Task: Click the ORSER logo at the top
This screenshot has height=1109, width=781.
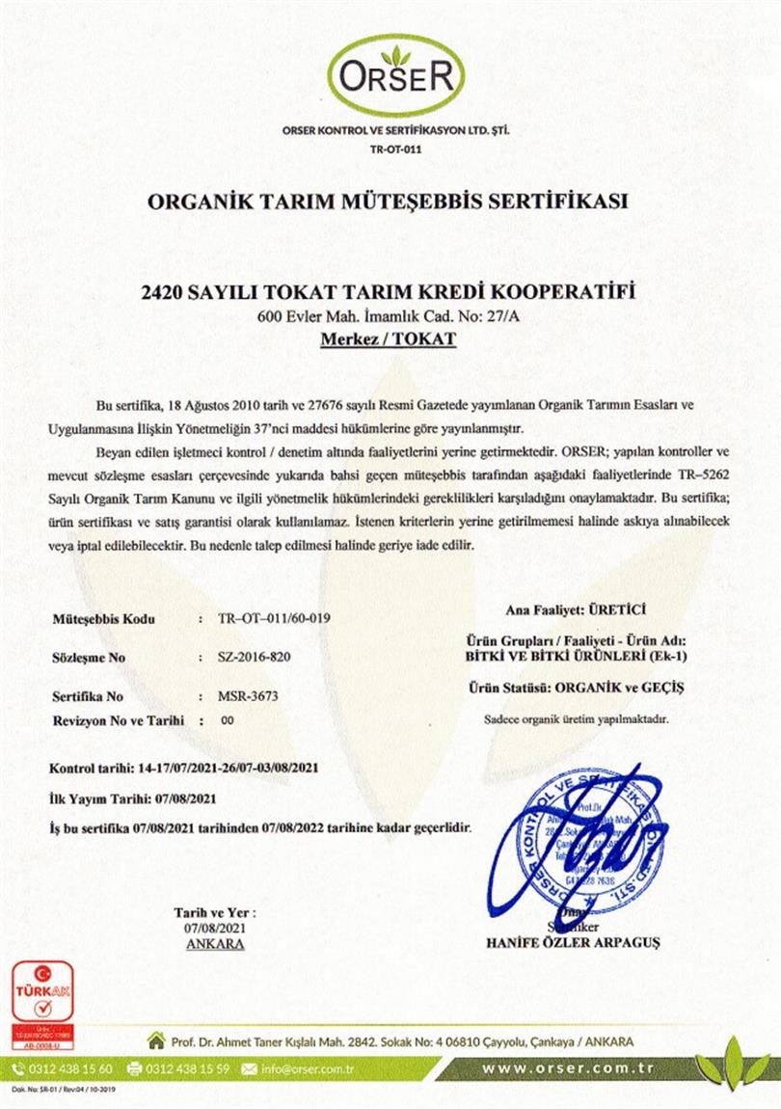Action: (395, 75)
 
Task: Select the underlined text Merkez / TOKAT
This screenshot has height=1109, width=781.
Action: (388, 338)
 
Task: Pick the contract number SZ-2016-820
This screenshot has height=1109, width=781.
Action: (255, 657)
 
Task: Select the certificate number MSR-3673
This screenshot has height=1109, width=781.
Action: (240, 694)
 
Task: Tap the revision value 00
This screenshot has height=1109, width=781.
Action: (229, 719)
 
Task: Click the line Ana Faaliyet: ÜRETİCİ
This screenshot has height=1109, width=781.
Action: (576, 609)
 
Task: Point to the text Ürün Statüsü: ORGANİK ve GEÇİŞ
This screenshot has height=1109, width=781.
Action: (575, 689)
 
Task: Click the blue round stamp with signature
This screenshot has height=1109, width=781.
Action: (590, 835)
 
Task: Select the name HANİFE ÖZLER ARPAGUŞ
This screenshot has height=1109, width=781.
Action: (574, 942)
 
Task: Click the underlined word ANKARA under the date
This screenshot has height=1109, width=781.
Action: (214, 943)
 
